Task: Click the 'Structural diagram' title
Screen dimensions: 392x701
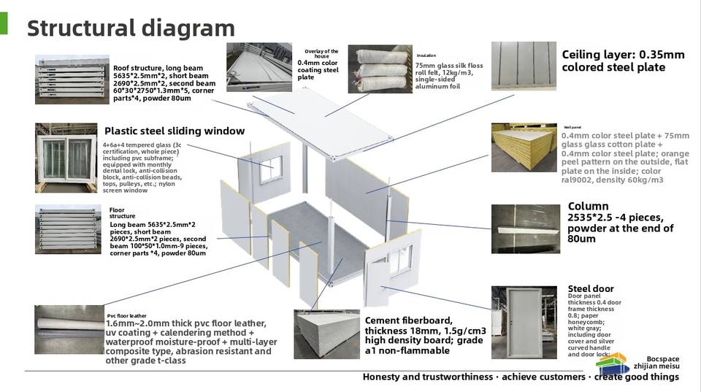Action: [x=131, y=28]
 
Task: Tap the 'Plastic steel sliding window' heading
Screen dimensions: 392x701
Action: [x=175, y=131]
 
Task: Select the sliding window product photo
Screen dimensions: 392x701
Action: [x=66, y=156]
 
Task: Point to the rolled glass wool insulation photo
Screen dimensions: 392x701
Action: [x=380, y=68]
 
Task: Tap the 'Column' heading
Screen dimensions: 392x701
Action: [x=588, y=207]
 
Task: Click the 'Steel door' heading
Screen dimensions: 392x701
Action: [x=591, y=288]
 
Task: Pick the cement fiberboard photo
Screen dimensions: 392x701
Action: [x=327, y=334]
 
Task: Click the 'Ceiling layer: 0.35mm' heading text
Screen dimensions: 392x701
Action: [x=623, y=55]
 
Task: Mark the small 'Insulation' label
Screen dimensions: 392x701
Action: [x=426, y=55]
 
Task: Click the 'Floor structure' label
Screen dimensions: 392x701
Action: [x=122, y=213]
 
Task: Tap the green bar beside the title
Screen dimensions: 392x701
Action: [x=4, y=23]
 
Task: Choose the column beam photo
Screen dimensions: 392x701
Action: [x=525, y=228]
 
